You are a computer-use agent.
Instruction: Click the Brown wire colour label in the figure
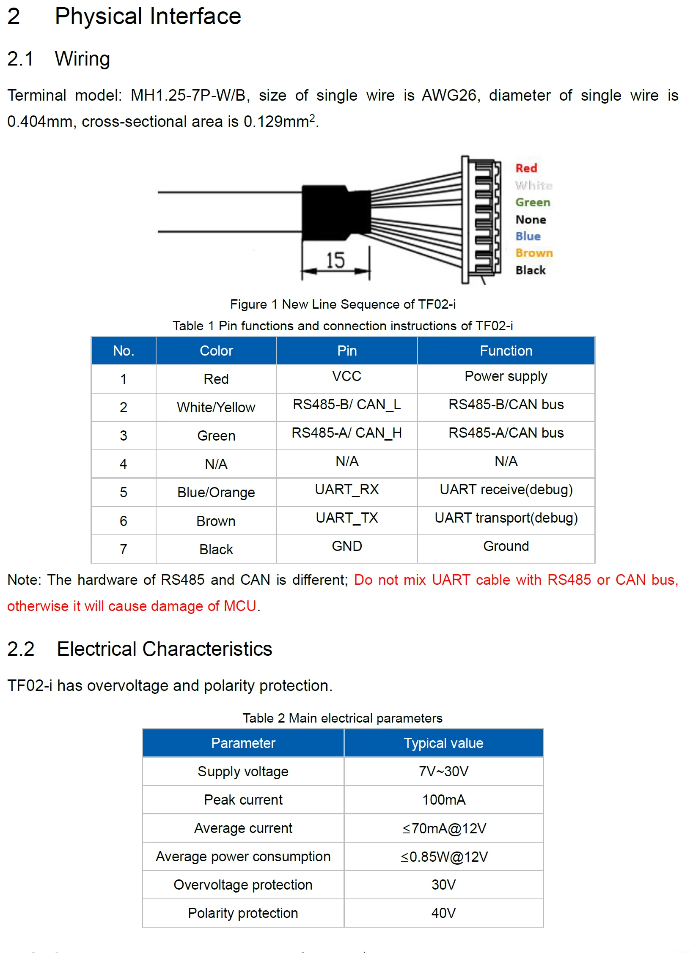pyautogui.click(x=534, y=253)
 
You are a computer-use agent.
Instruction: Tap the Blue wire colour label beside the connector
pyautogui.click(x=528, y=236)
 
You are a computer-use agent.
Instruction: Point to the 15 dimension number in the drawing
pyautogui.click(x=335, y=260)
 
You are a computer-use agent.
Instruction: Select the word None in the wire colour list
pyautogui.click(x=531, y=219)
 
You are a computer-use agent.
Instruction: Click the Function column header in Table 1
pyautogui.click(x=506, y=351)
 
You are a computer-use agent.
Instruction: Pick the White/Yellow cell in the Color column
pyautogui.click(x=216, y=407)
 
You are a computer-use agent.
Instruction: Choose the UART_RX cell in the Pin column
pyautogui.click(x=347, y=489)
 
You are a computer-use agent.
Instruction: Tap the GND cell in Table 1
pyautogui.click(x=347, y=546)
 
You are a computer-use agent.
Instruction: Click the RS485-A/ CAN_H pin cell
pyautogui.click(x=347, y=433)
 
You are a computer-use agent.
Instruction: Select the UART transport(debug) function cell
pyautogui.click(x=506, y=518)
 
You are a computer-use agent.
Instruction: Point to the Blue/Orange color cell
pyautogui.click(x=216, y=492)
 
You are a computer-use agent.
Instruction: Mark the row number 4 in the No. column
pyautogui.click(x=123, y=464)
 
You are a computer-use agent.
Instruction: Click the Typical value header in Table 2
pyautogui.click(x=443, y=743)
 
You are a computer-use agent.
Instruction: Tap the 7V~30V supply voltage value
pyautogui.click(x=443, y=771)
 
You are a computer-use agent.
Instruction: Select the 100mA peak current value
pyautogui.click(x=443, y=800)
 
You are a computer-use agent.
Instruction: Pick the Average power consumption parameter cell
pyautogui.click(x=243, y=856)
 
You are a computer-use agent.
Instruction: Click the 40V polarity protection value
pyautogui.click(x=443, y=913)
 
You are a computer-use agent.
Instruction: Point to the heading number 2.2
pyautogui.click(x=21, y=649)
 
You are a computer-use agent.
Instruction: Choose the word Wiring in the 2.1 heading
pyautogui.click(x=82, y=59)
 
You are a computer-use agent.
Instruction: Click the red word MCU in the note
pyautogui.click(x=240, y=606)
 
